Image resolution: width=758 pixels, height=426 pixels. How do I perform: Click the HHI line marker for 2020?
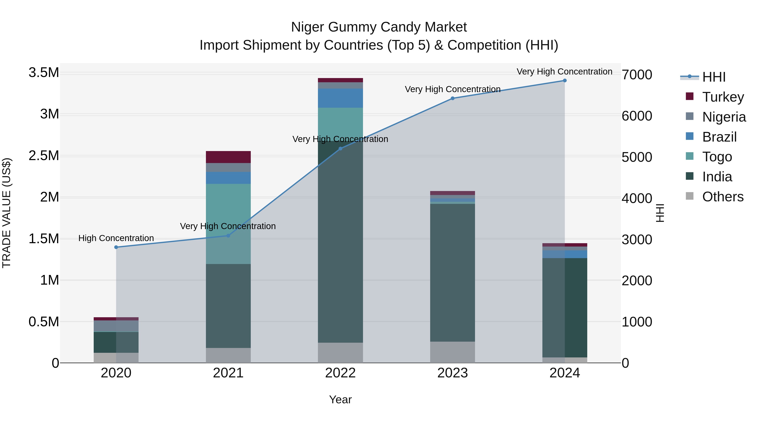116,247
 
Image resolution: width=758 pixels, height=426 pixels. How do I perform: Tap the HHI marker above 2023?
452,98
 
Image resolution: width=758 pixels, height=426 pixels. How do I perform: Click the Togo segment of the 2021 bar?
228,223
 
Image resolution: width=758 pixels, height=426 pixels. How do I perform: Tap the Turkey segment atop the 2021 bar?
228,157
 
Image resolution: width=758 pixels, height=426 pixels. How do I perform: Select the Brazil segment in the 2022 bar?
340,98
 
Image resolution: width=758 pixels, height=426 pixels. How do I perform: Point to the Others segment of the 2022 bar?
340,353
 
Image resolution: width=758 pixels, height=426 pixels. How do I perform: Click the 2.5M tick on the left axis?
44,156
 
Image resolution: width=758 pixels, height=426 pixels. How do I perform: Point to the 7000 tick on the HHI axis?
637,75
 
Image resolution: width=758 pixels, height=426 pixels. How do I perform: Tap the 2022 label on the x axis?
340,373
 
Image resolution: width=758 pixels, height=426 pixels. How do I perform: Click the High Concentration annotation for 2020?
116,238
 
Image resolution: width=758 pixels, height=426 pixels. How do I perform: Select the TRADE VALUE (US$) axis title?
7,213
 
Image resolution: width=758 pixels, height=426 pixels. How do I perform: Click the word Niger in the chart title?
307,27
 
